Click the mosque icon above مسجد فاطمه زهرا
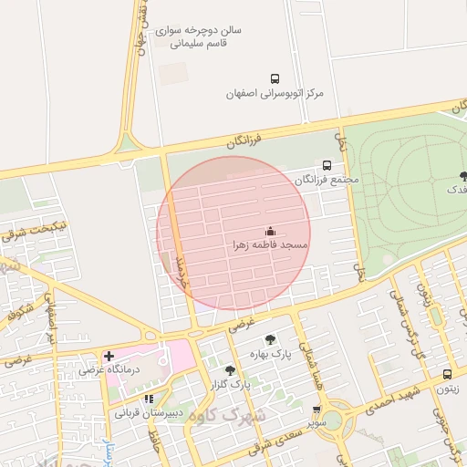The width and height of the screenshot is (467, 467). [x=269, y=232]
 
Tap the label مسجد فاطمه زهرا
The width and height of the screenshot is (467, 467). [x=270, y=246]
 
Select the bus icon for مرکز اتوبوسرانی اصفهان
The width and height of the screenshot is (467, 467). [x=275, y=79]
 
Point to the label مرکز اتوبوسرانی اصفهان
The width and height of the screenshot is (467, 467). [x=275, y=94]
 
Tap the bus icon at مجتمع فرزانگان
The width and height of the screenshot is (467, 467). [x=327, y=165]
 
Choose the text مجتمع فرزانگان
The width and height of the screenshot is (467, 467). [x=327, y=180]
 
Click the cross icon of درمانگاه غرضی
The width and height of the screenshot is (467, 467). [x=109, y=356]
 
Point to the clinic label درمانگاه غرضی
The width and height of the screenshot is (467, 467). [x=108, y=369]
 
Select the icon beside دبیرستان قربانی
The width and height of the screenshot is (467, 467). [x=149, y=399]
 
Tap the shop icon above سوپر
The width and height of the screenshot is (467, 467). [x=316, y=410]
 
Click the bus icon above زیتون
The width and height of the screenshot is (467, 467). [x=447, y=374]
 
